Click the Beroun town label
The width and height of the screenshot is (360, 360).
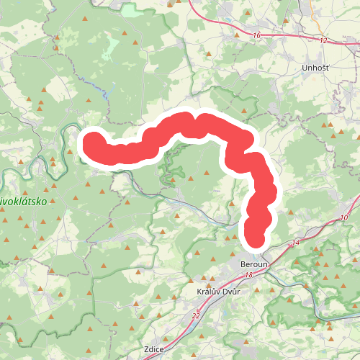(253, 264)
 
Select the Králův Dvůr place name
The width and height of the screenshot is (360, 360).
(217, 292)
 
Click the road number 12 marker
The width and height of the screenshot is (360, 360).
(323, 40)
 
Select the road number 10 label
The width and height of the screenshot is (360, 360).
(343, 217)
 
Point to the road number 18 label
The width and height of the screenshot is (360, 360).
(248, 276)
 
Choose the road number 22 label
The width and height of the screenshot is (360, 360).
(196, 315)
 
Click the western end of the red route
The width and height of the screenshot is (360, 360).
(92, 141)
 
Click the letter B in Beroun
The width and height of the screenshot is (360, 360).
(243, 264)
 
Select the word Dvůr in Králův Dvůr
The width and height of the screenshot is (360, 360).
(228, 292)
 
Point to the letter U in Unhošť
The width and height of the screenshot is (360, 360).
(305, 68)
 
